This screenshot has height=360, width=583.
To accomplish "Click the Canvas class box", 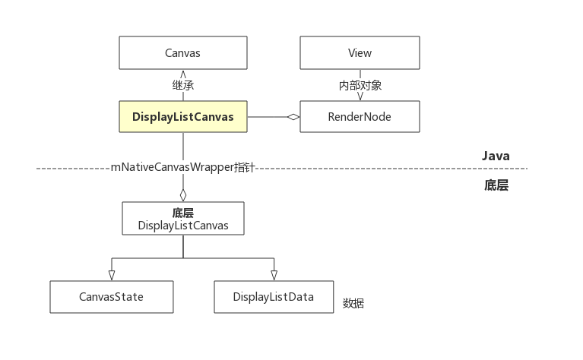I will click(x=182, y=52).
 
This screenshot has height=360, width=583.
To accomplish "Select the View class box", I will click(x=360, y=52).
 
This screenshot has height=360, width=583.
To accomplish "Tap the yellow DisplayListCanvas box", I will click(x=182, y=117).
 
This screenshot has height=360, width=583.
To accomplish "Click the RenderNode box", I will click(x=360, y=117).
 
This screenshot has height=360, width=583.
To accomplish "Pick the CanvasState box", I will click(x=112, y=296).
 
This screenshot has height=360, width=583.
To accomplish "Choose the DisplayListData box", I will click(x=274, y=296).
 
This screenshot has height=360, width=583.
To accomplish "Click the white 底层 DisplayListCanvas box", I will click(x=183, y=218).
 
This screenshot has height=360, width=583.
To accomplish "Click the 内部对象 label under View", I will click(x=360, y=85).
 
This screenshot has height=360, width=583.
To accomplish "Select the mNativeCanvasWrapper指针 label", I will click(x=182, y=166).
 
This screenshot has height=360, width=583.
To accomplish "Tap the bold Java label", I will click(x=496, y=156).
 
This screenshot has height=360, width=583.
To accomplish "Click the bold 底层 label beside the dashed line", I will click(x=496, y=185).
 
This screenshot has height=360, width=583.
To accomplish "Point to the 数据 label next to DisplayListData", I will click(x=353, y=303).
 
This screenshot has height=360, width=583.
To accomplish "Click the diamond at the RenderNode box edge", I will click(x=293, y=117).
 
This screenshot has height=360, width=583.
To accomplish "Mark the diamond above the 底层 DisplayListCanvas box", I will click(x=183, y=194).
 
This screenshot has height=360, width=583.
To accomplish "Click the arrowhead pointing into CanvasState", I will click(x=112, y=275).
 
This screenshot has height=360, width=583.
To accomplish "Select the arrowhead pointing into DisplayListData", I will click(x=274, y=275).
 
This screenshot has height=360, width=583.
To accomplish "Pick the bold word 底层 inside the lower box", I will click(x=183, y=213).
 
